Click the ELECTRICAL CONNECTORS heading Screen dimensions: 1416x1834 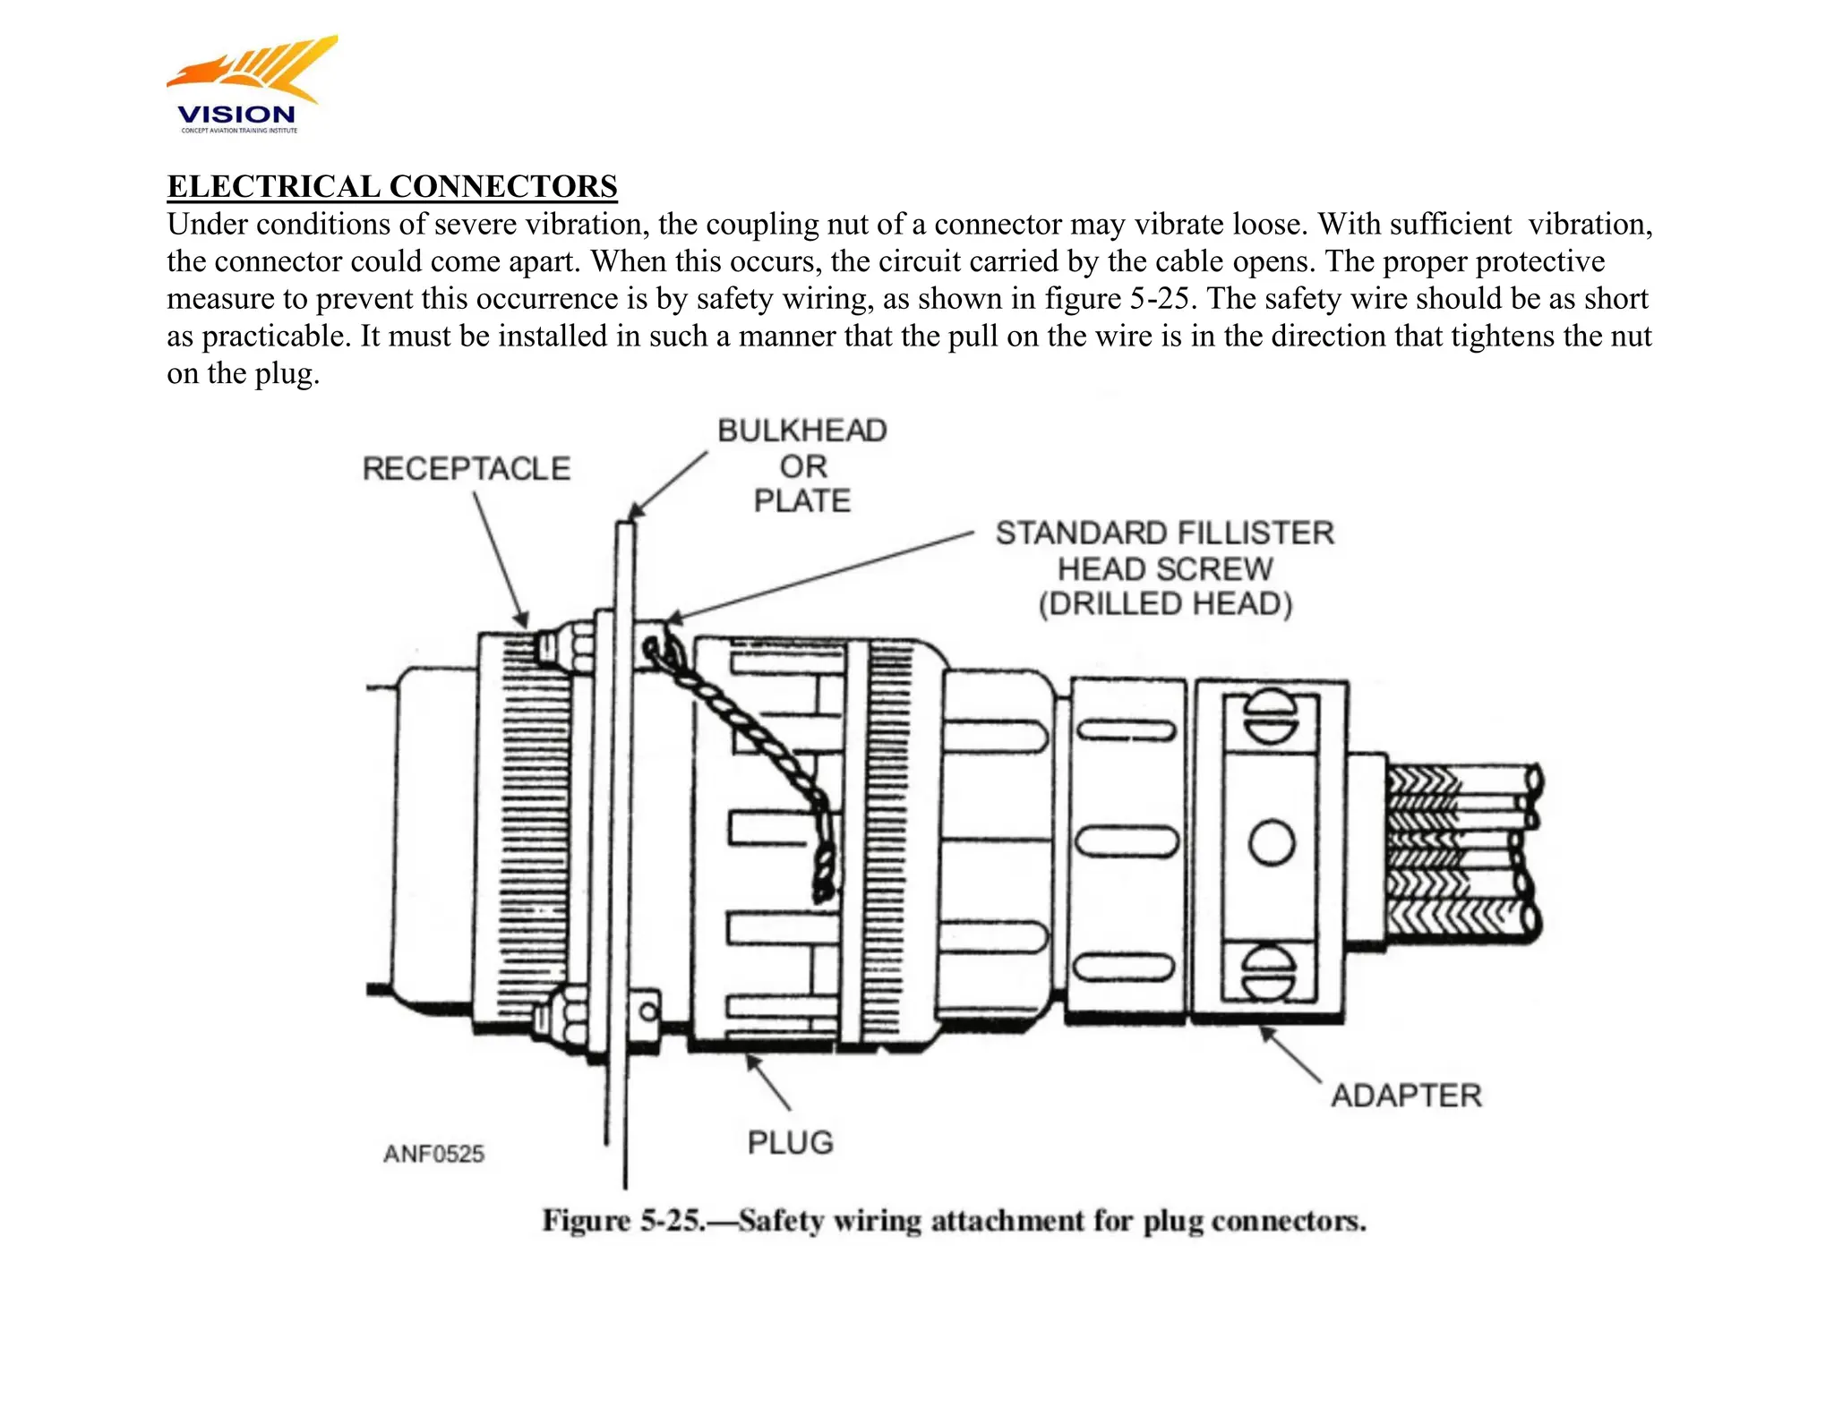[392, 186]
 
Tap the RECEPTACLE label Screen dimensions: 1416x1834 [466, 468]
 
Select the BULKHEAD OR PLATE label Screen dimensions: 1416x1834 [801, 465]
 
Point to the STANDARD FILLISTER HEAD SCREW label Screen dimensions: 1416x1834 [1164, 568]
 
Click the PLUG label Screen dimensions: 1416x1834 [790, 1142]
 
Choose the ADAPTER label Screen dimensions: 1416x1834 [1405, 1096]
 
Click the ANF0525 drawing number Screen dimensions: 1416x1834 [433, 1154]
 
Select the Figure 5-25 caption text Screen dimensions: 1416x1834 [954, 1221]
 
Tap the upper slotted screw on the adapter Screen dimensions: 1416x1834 [1271, 718]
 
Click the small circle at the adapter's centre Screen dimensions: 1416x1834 [1272, 843]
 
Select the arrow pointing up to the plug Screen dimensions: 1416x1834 [769, 1083]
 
